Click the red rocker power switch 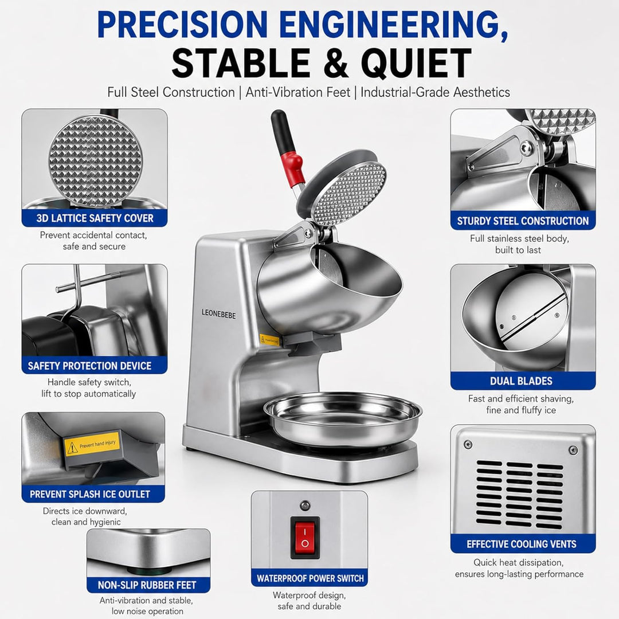[x=305, y=538]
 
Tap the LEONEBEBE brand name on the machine [x=218, y=314]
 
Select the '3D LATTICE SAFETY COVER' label [x=95, y=218]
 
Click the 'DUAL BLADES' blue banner [x=521, y=381]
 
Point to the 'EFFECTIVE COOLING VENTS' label [x=522, y=544]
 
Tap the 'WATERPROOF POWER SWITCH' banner [x=310, y=579]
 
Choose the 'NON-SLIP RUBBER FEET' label [x=147, y=585]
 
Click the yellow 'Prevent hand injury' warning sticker [x=92, y=444]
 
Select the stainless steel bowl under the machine [x=343, y=418]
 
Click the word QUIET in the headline [x=416, y=63]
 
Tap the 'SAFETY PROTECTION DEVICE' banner [x=89, y=366]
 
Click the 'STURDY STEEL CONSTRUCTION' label [x=523, y=221]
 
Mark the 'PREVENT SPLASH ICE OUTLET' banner [x=90, y=494]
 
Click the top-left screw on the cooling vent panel [x=468, y=445]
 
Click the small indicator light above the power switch [x=305, y=506]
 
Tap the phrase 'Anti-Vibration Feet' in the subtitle [x=297, y=92]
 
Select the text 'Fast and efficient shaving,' [x=520, y=399]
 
